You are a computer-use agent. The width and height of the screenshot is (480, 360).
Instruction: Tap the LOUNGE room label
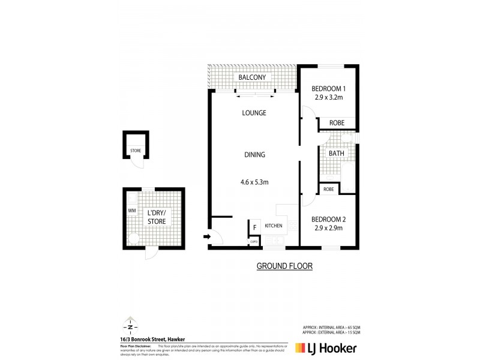(x=254, y=113)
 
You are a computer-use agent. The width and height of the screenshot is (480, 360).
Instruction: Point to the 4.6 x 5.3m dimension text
(x=254, y=181)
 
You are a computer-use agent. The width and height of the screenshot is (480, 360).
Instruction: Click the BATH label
(x=336, y=154)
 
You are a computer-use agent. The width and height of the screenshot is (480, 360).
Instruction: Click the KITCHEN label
(x=274, y=226)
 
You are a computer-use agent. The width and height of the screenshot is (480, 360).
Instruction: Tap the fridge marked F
(x=254, y=227)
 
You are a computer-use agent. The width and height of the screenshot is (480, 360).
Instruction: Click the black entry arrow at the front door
(x=207, y=238)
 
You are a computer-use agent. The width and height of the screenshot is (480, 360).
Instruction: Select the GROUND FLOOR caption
(x=284, y=265)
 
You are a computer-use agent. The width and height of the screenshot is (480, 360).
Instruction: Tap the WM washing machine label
(x=131, y=211)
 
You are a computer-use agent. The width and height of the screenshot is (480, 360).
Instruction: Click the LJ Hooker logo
(x=327, y=347)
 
